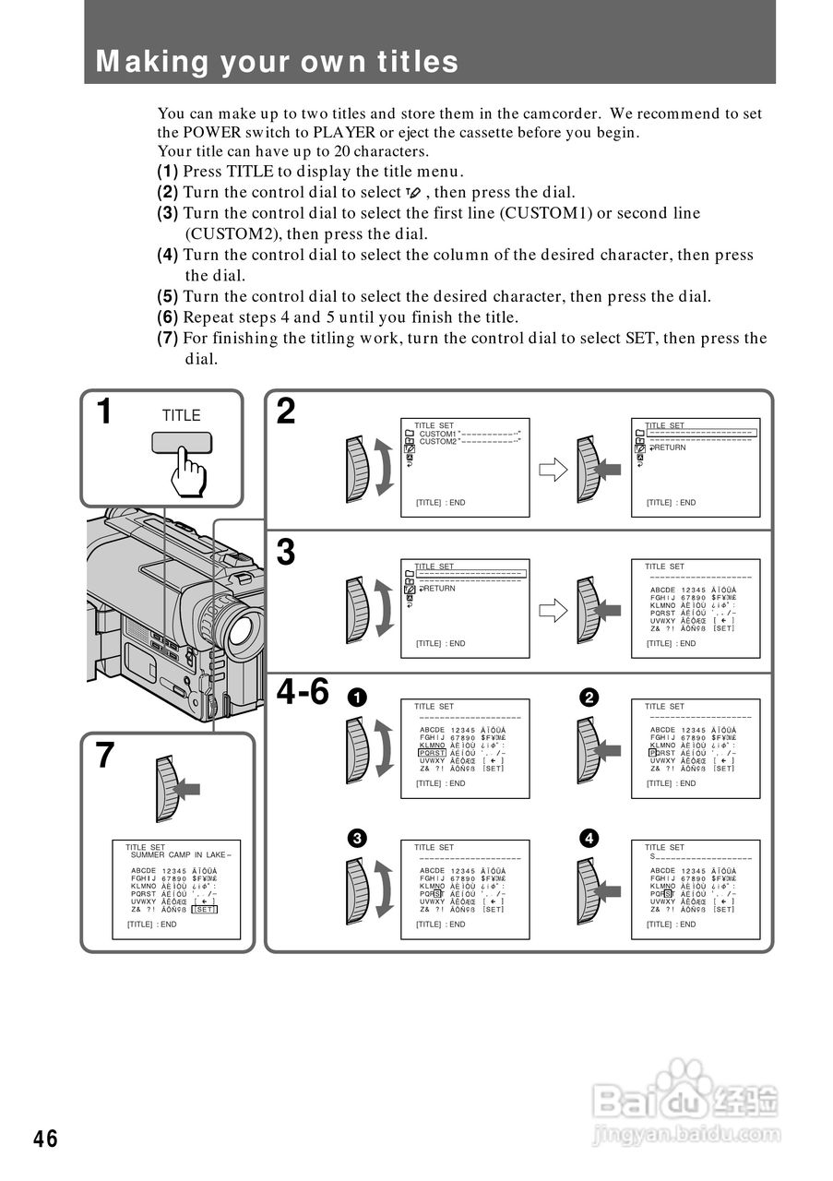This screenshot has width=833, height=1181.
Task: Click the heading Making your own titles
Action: click(277, 62)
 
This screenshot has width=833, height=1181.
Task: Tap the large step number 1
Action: click(106, 412)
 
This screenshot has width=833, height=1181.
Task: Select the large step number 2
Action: click(287, 412)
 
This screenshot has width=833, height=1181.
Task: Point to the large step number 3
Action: click(287, 553)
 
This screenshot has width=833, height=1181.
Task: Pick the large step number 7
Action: click(106, 756)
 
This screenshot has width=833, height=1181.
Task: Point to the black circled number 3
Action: click(357, 838)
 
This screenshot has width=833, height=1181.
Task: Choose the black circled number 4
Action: click(588, 838)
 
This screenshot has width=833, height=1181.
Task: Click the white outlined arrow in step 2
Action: click(552, 470)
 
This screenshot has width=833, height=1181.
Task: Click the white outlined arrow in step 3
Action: click(552, 610)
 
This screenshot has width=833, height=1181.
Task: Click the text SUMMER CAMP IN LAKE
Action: click(178, 855)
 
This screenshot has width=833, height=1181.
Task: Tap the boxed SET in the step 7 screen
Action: click(205, 909)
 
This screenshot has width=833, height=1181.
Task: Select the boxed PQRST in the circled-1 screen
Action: click(432, 753)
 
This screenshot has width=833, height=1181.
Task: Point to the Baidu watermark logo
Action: click(687, 1103)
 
